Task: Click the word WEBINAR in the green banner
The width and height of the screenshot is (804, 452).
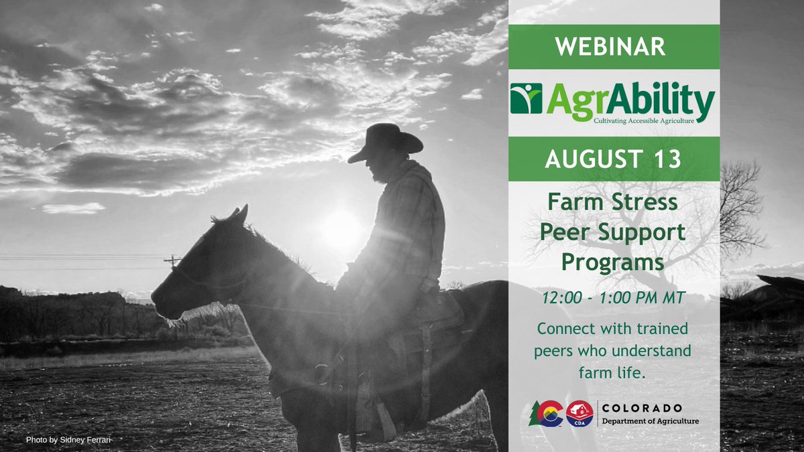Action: [x=614, y=47]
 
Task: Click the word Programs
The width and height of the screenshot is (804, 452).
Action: [x=613, y=261]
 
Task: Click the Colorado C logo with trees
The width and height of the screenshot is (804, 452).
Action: [x=546, y=413]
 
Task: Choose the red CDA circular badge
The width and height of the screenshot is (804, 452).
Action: [x=580, y=413]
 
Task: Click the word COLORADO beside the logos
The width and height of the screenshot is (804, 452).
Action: [x=643, y=408]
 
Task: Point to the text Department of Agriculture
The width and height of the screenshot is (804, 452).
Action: [x=650, y=421]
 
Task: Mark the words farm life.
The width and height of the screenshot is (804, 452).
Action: [x=613, y=372]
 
